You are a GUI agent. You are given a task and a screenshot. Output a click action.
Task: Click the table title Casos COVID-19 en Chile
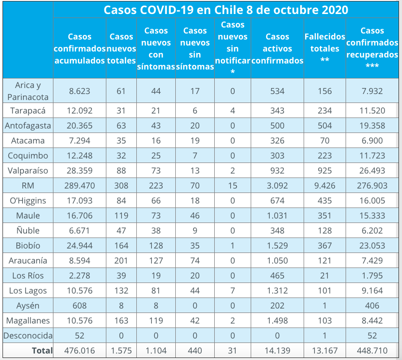(x=226, y=10)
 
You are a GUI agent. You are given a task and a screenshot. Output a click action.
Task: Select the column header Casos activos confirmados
(x=277, y=48)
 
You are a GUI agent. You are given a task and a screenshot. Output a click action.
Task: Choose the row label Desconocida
(x=28, y=335)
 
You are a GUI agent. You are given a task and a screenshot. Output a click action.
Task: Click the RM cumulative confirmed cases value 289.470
(x=79, y=185)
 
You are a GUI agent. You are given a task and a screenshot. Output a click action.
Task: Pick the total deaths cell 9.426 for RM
(x=325, y=185)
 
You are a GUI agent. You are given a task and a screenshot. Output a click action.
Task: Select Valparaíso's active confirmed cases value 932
(x=277, y=170)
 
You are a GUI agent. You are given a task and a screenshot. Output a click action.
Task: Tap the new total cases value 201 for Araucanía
(x=121, y=260)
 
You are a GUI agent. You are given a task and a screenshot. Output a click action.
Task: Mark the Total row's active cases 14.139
(x=277, y=350)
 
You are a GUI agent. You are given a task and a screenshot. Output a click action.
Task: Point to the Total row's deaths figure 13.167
(x=325, y=350)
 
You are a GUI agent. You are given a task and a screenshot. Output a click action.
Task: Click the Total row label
(x=42, y=350)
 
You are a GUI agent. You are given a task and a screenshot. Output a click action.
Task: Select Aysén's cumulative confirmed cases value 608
(x=79, y=305)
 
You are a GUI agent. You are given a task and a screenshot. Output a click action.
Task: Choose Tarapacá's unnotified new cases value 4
(x=233, y=110)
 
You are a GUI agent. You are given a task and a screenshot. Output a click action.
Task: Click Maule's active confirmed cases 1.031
(x=277, y=215)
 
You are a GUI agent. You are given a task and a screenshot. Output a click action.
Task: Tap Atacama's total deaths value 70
(x=325, y=140)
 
